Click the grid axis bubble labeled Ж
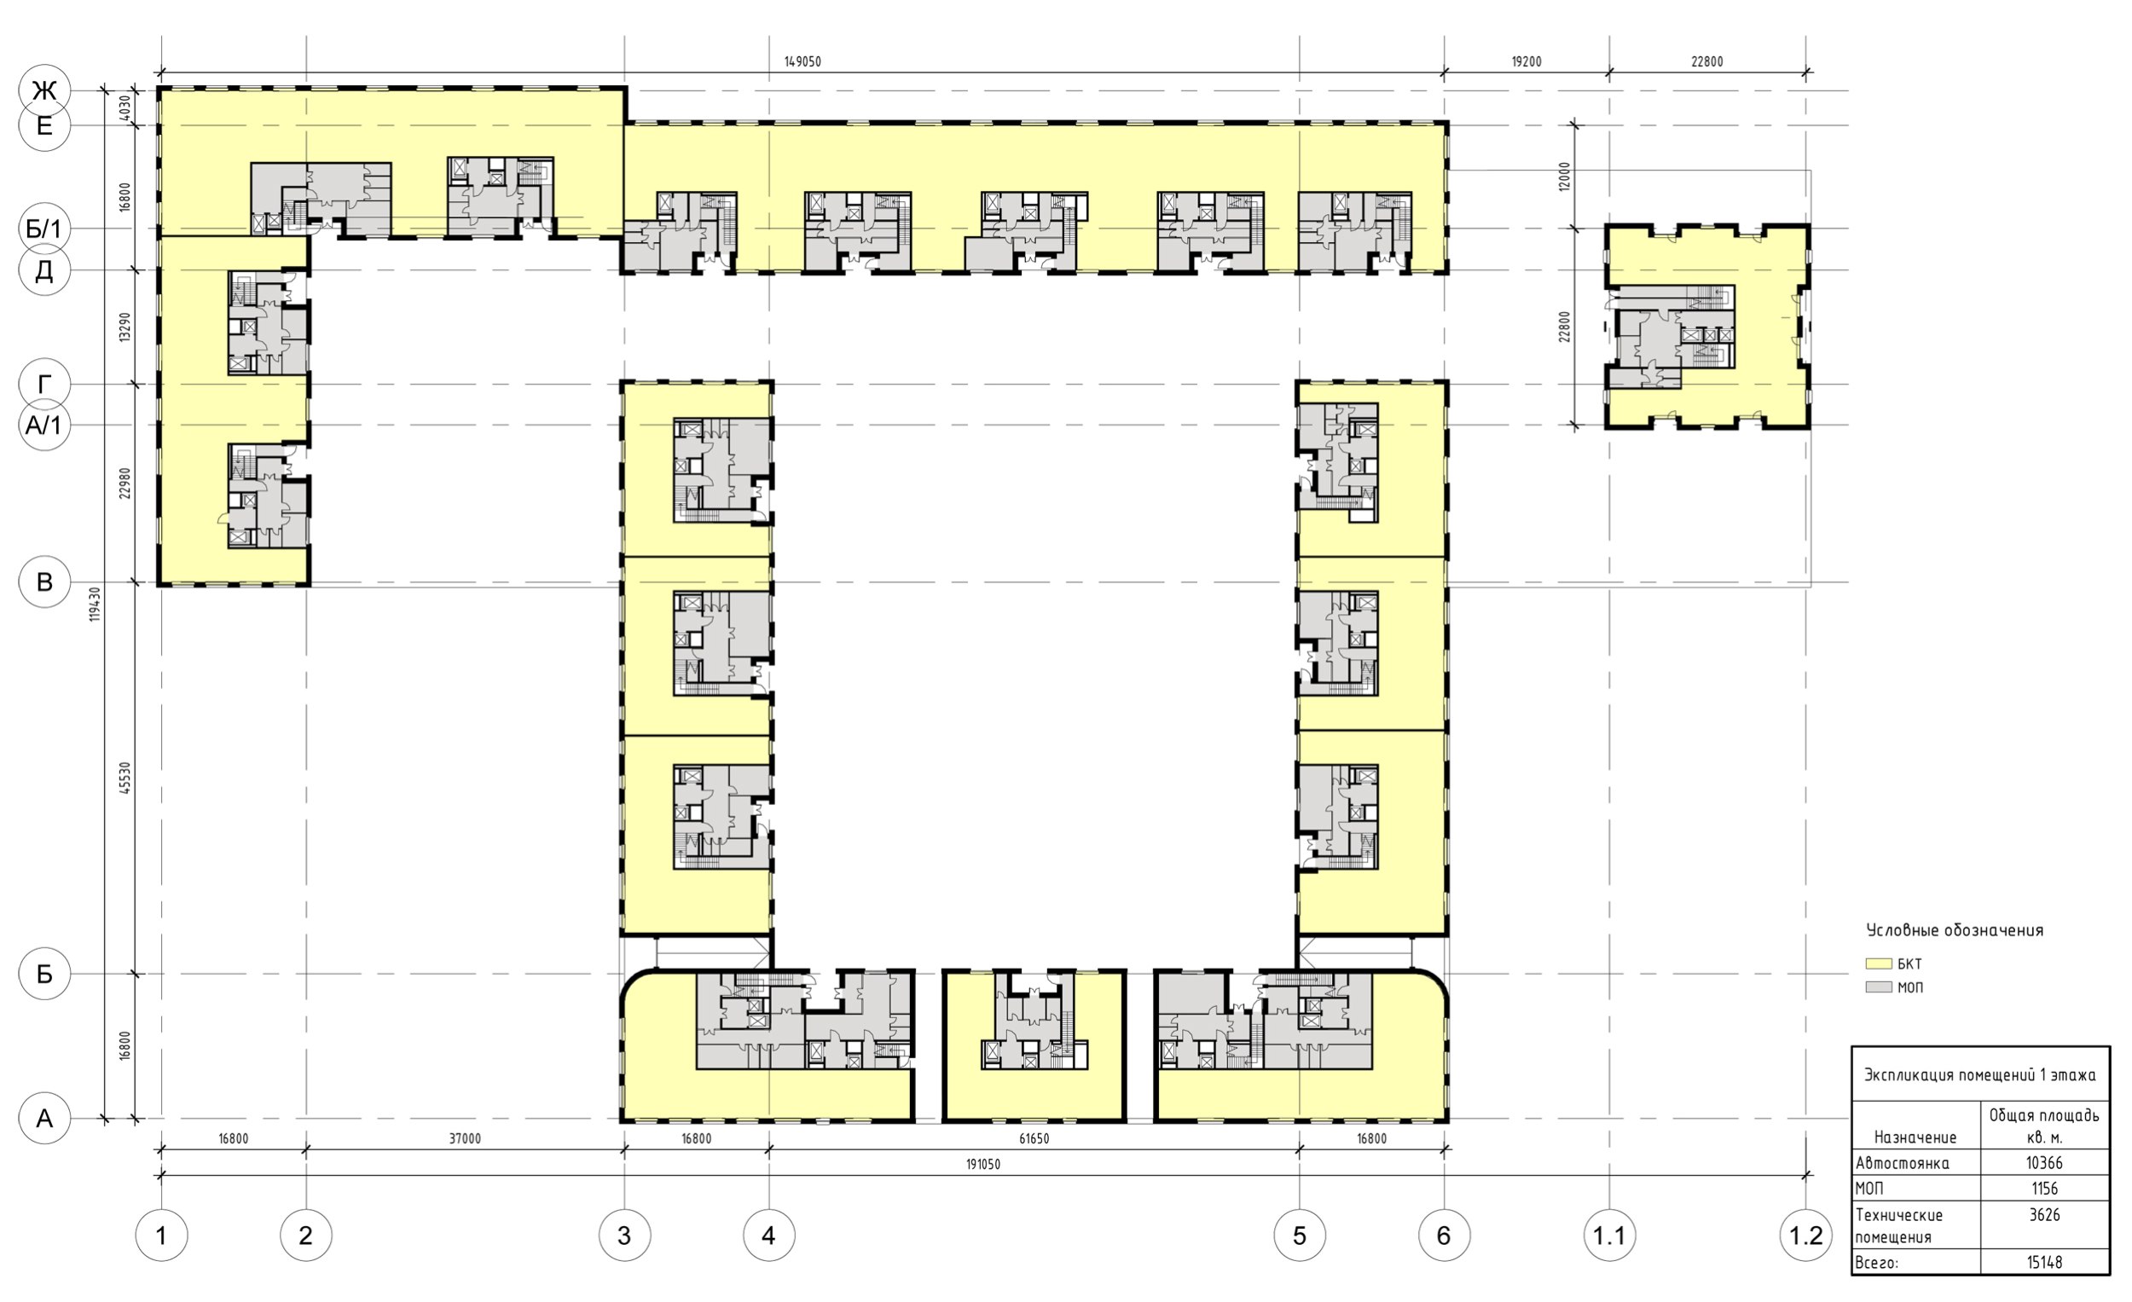point(44,91)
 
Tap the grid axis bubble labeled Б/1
point(44,229)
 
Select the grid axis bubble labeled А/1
point(44,425)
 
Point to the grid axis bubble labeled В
point(44,582)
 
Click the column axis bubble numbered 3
point(625,1235)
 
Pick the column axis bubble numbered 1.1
point(1609,1235)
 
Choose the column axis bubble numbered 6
point(1444,1235)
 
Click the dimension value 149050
point(803,62)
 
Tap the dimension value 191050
point(983,1165)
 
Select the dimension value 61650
point(1034,1138)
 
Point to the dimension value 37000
point(465,1138)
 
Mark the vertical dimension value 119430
point(96,604)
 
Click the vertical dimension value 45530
point(125,778)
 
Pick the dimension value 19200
point(1527,62)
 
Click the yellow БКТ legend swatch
point(1879,963)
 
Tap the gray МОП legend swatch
point(1879,987)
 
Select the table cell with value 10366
point(2045,1164)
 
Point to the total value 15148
point(2045,1262)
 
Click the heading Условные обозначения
point(1955,931)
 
